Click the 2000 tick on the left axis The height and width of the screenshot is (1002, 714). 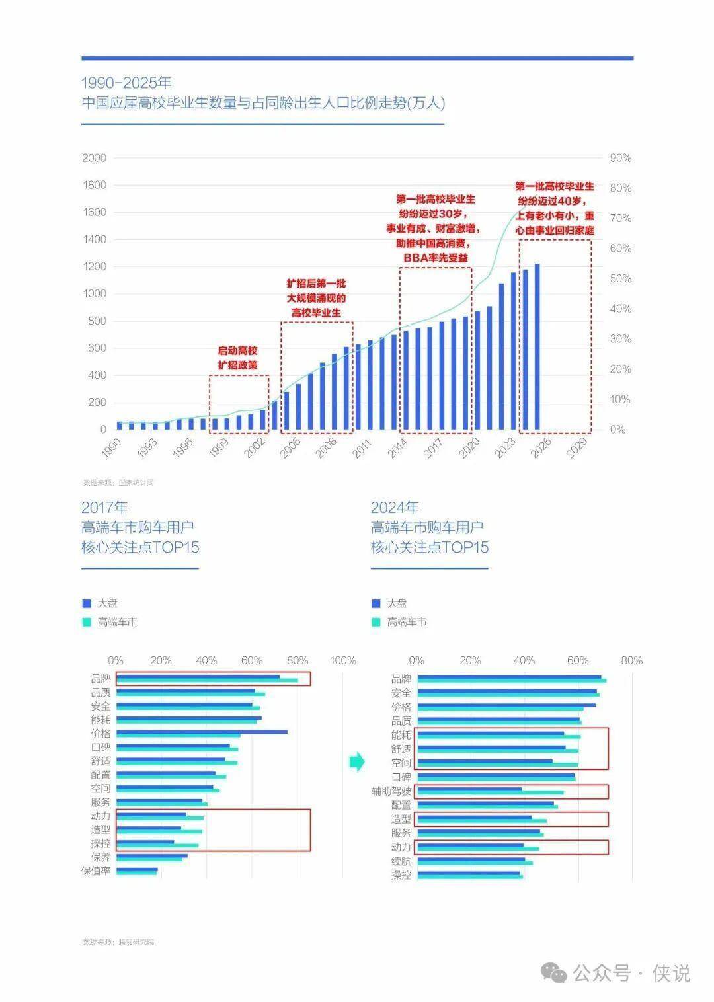[94, 158]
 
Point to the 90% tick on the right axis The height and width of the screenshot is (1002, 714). [620, 158]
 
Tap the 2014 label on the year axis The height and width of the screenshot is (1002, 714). [397, 449]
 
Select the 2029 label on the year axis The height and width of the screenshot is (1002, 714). [577, 449]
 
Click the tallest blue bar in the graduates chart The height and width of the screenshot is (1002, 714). [537, 346]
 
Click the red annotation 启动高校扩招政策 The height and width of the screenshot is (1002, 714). [238, 358]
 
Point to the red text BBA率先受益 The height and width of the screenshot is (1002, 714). [436, 257]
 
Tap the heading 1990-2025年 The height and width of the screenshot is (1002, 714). [126, 83]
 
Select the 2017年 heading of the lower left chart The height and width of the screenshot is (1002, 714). [104, 507]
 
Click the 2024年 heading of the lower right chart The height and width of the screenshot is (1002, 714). [395, 507]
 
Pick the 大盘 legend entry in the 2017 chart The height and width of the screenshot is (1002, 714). [107, 603]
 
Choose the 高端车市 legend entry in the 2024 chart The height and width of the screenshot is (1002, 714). [406, 622]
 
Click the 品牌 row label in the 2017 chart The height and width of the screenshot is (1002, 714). [100, 679]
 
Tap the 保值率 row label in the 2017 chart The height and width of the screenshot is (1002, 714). [96, 871]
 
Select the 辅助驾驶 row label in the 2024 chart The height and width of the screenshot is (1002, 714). [391, 791]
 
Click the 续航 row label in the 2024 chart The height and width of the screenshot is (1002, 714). [401, 861]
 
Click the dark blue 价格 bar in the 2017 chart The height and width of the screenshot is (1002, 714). [202, 732]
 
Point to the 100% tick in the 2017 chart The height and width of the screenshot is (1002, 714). [342, 660]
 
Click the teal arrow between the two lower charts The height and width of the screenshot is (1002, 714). [357, 761]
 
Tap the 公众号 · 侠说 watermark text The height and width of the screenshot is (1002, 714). [631, 974]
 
